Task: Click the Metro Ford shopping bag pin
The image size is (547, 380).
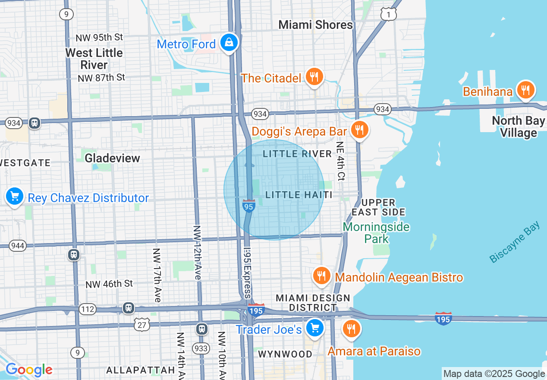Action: point(229,43)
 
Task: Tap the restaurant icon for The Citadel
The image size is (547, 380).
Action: point(314,77)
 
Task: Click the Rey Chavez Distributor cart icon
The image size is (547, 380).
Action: point(15,197)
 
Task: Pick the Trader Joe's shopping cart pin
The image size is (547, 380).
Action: point(314,329)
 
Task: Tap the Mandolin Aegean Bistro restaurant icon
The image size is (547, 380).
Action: point(321,276)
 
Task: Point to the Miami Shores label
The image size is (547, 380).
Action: point(315,25)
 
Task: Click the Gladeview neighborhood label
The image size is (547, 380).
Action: point(112,158)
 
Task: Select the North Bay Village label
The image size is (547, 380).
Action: point(518,127)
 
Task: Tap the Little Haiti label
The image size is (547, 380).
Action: point(299,195)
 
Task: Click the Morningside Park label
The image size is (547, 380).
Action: point(376,233)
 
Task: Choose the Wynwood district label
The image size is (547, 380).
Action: point(285,354)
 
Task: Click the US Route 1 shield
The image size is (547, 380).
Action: point(389,14)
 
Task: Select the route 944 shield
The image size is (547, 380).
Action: point(17,246)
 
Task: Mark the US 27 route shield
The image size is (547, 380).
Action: point(141,325)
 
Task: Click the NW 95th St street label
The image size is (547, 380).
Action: point(99,38)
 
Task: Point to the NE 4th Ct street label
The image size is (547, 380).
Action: point(340,161)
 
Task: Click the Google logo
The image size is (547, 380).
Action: point(29,370)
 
